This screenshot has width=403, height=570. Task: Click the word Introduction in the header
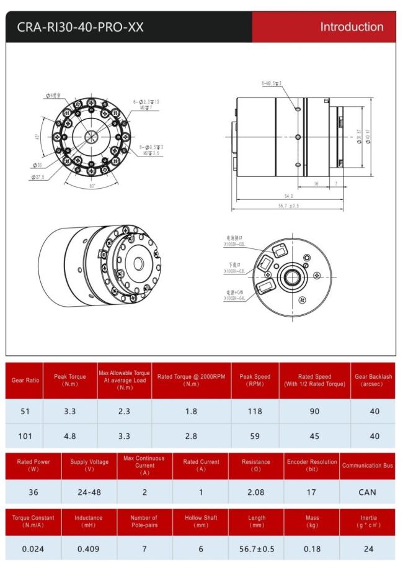(x=352, y=27)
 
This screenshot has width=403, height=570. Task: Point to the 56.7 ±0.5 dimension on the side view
(x=289, y=206)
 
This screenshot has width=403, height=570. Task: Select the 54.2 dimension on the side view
(x=289, y=196)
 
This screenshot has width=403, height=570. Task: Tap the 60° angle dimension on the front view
(x=92, y=186)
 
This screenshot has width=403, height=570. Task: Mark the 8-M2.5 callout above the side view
(x=271, y=83)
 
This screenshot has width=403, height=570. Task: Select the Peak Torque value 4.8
(x=70, y=436)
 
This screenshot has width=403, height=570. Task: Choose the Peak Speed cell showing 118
(x=255, y=411)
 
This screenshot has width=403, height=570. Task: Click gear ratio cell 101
(x=25, y=436)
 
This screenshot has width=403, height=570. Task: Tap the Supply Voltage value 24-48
(x=89, y=492)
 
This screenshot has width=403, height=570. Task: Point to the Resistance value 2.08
(x=256, y=492)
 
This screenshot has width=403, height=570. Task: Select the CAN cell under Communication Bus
(x=367, y=492)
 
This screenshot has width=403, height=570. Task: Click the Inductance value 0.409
(x=89, y=548)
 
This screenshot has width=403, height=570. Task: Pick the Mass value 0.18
(x=312, y=548)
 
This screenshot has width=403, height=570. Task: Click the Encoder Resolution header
(x=312, y=466)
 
